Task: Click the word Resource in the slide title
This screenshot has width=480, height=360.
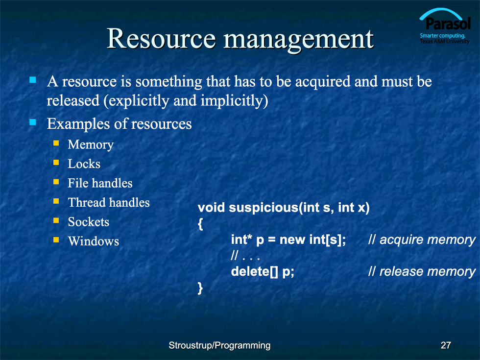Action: [x=161, y=39]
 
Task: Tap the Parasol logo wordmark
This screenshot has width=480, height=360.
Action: [x=448, y=24]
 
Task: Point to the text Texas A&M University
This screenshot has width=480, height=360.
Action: [x=445, y=41]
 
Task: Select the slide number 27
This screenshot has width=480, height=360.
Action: [x=446, y=345]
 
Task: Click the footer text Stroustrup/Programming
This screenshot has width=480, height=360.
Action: [x=219, y=346]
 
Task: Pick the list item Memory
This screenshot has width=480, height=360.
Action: [x=91, y=144]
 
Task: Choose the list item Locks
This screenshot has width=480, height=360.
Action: [x=84, y=164]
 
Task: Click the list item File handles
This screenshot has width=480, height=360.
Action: [x=100, y=183]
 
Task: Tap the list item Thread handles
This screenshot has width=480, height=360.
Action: [x=109, y=202]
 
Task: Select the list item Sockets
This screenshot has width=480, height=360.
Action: [x=89, y=221]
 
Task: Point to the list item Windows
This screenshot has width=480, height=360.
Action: [x=94, y=241]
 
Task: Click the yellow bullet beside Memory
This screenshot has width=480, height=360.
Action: [x=56, y=143]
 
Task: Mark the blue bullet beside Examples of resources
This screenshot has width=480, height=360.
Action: [x=33, y=122]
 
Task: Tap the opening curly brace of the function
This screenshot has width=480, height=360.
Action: [x=200, y=224]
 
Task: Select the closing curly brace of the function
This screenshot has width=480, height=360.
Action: [x=200, y=288]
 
